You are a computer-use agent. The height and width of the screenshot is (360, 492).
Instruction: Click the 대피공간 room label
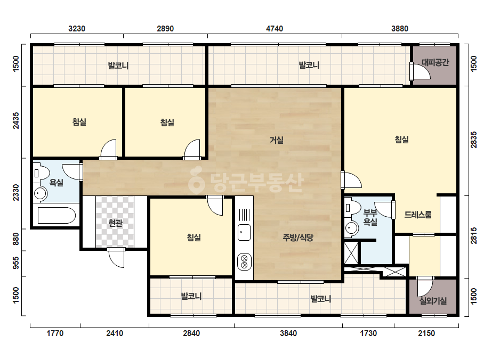tap(435, 62)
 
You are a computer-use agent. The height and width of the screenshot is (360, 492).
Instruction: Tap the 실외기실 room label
tap(433, 301)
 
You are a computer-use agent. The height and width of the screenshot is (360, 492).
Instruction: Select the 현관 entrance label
tap(115, 223)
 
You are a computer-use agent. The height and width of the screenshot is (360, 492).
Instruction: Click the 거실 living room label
tap(277, 140)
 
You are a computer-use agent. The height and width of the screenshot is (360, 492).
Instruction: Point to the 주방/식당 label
tap(298, 238)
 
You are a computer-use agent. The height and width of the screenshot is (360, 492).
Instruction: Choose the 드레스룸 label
tap(417, 215)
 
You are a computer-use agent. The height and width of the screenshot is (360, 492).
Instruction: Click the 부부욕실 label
tap(370, 218)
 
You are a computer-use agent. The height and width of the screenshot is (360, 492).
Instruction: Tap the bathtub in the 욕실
tap(57, 215)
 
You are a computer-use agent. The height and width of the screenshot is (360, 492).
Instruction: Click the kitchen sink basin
tap(244, 232)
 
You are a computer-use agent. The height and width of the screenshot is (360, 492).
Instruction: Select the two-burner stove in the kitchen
tap(244, 262)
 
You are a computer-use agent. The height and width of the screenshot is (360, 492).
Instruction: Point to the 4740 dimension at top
tap(275, 29)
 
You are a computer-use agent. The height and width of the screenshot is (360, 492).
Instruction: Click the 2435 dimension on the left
tap(15, 120)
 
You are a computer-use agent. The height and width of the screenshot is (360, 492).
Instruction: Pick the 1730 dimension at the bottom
tap(368, 333)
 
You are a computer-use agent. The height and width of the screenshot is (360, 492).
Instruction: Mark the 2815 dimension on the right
tap(473, 235)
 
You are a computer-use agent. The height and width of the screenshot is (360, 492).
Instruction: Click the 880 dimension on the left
tap(15, 239)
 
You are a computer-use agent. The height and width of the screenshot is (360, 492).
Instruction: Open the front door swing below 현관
tap(116, 258)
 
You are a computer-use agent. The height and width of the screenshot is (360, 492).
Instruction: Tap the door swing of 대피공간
tap(421, 72)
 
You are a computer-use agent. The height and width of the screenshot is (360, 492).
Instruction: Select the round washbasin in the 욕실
tap(40, 193)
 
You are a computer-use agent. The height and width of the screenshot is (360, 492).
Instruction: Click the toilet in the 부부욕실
tap(352, 207)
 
